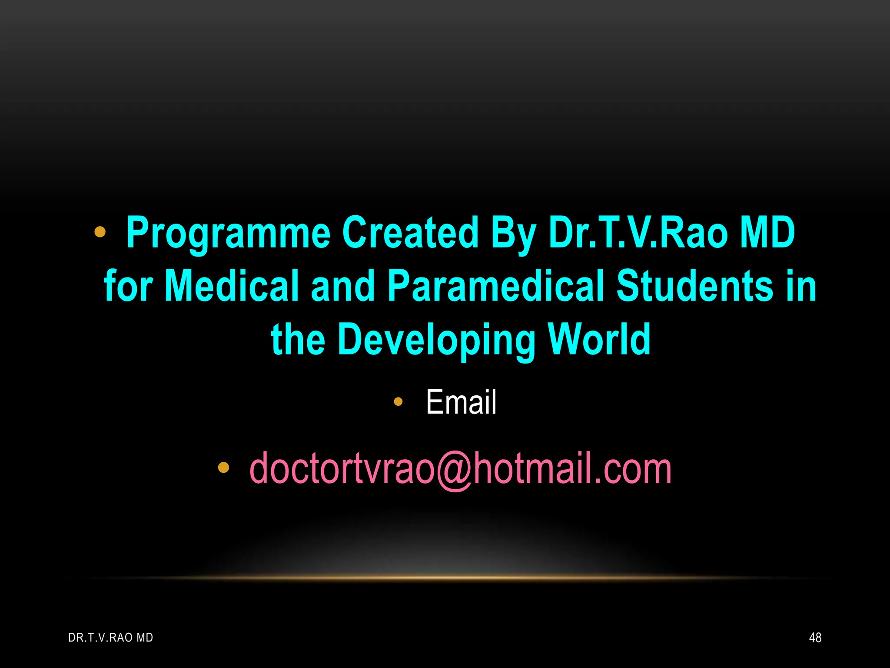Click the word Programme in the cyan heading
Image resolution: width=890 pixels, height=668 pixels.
coord(228,234)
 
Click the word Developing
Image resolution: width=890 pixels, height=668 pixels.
coord(436,340)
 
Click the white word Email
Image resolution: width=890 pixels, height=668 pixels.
coord(461,402)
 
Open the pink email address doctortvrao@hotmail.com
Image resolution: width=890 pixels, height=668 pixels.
coord(460,469)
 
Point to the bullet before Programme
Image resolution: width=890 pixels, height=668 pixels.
coord(100,232)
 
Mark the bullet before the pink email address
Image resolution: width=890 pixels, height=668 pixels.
coord(223,468)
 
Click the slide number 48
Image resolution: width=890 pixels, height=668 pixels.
coord(815,638)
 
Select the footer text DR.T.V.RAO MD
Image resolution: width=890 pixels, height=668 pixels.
coord(111,638)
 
